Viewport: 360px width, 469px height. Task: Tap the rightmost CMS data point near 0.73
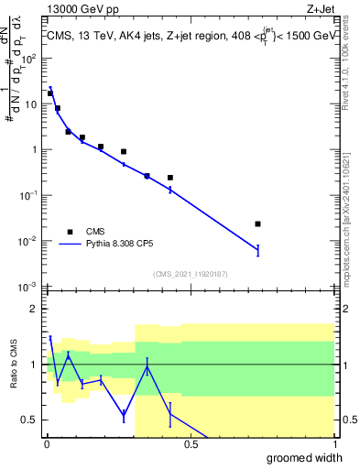tap(257, 224)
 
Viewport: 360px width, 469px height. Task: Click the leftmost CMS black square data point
tap(49, 93)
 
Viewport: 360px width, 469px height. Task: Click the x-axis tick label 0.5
tap(191, 443)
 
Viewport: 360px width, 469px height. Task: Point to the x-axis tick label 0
tap(46, 443)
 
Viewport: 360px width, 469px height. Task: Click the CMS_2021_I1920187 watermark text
tap(190, 274)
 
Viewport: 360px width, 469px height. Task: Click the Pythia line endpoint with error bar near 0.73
tap(257, 249)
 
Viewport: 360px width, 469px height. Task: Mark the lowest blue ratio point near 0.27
tap(124, 415)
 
